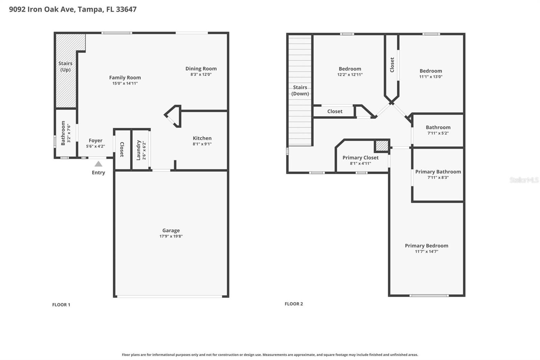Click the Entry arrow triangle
tap(98, 164)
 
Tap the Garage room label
tap(171, 231)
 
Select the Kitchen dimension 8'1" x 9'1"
tap(202, 144)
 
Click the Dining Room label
tap(201, 69)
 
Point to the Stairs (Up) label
tap(65, 67)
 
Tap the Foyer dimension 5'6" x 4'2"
tap(96, 146)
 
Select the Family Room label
tap(125, 78)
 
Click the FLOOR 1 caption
tap(61, 305)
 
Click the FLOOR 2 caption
tap(294, 304)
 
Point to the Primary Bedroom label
tap(426, 246)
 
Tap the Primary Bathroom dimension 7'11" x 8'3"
tap(438, 178)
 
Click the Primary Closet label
tap(360, 158)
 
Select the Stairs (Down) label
tap(300, 91)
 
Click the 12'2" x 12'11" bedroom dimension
tap(350, 75)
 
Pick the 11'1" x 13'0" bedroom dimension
tap(431, 77)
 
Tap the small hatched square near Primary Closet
tap(382, 146)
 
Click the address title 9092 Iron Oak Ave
tap(73, 9)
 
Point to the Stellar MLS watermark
tap(524, 180)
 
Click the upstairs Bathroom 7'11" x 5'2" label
tap(438, 127)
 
